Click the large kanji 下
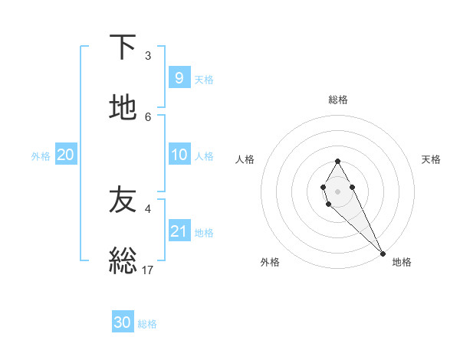click(x=123, y=47)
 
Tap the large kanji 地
click(x=123, y=109)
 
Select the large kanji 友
click(x=123, y=200)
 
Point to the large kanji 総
click(x=123, y=261)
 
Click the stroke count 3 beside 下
click(x=148, y=56)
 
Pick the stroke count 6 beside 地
click(x=148, y=116)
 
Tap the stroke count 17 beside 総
click(x=148, y=270)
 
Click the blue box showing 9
click(x=179, y=78)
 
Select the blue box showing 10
click(x=179, y=155)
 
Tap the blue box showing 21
click(x=179, y=231)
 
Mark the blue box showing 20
click(x=66, y=155)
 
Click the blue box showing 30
click(x=123, y=322)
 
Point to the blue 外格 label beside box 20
click(x=41, y=156)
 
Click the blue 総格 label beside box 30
click(x=147, y=324)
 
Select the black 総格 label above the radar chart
click(x=337, y=100)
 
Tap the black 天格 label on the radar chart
click(x=431, y=159)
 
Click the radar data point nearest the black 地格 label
click(x=383, y=253)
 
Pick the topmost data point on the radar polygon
click(x=337, y=161)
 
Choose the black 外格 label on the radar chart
click(x=270, y=262)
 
